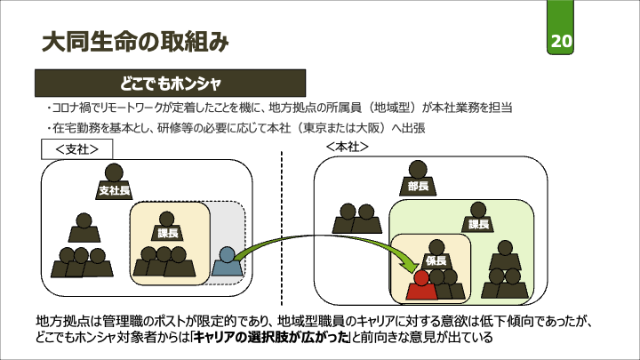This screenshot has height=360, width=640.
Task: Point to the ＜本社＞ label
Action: tap(347, 145)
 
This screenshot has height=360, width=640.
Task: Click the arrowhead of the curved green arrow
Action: tap(408, 264)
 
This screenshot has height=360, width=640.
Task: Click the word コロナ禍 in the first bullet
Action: tap(70, 108)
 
